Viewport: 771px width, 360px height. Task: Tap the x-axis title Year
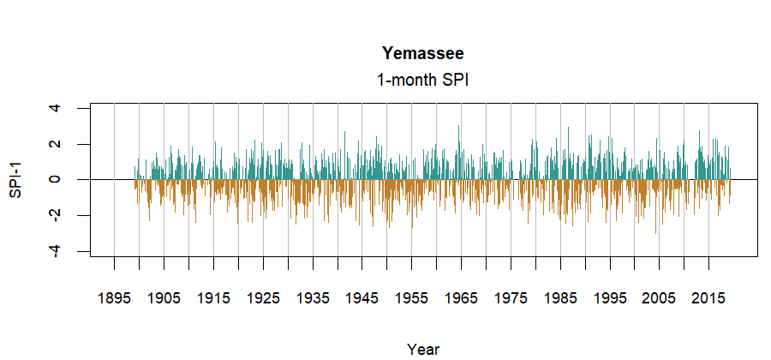(423, 349)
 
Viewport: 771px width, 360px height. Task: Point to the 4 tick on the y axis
(56, 108)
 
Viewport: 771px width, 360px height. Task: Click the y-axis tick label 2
(56, 144)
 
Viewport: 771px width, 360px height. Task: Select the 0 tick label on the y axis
(56, 180)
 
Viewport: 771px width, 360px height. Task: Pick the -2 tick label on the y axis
(56, 214)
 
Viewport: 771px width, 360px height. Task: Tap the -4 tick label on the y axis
(56, 250)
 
